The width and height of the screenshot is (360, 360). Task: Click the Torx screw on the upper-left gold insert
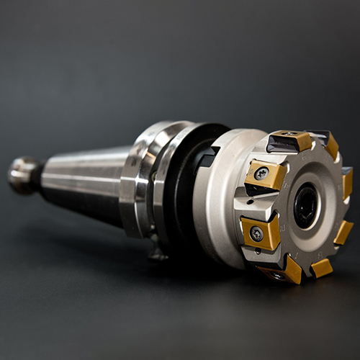[262, 174]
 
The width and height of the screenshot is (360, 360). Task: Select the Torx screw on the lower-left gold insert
[256, 233]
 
